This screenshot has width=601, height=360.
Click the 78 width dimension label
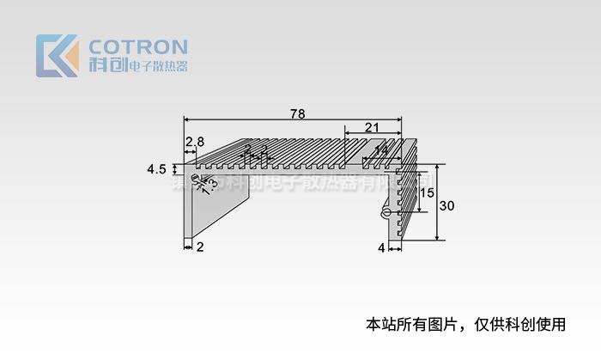297,113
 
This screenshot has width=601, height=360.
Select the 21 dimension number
372,127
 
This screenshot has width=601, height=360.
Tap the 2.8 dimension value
194,141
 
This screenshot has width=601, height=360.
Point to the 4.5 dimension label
156,170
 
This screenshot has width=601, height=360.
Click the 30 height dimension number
446,206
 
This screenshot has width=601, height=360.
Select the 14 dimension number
380,151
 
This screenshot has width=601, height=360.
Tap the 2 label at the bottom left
200,247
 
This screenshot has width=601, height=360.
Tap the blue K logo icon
57,55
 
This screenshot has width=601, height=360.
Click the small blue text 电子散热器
156,66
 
